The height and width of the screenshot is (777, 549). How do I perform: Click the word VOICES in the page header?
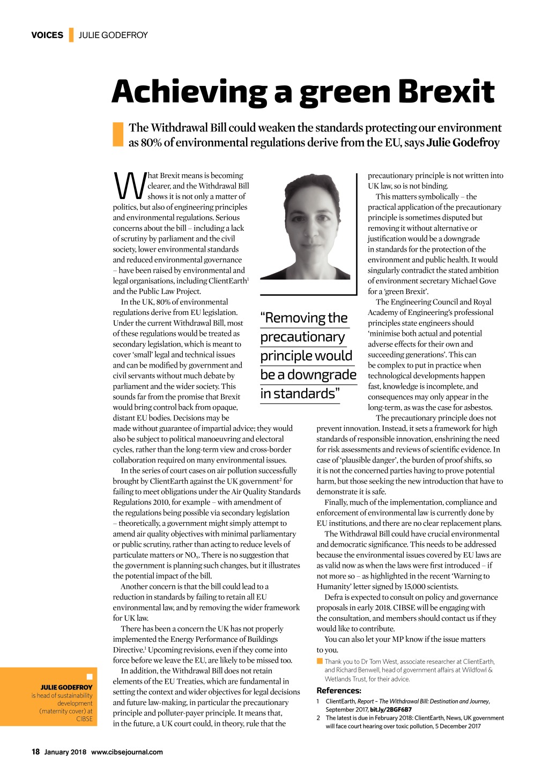[x=47, y=35]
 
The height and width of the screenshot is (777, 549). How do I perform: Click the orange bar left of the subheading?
[x=118, y=135]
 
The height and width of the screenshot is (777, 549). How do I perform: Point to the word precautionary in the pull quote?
[x=302, y=337]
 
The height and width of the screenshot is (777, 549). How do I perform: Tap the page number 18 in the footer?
[x=35, y=752]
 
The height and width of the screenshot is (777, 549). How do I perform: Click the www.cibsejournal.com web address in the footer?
[x=127, y=752]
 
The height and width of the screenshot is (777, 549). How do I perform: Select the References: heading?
[x=339, y=691]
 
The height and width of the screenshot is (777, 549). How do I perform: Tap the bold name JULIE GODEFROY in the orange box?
[x=66, y=687]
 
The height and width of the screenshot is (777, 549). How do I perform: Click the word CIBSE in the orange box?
[x=84, y=719]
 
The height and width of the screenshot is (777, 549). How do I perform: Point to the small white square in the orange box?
[x=90, y=677]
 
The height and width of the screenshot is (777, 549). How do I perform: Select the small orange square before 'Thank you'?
[x=320, y=662]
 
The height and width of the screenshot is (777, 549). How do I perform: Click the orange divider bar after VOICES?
[x=71, y=35]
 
